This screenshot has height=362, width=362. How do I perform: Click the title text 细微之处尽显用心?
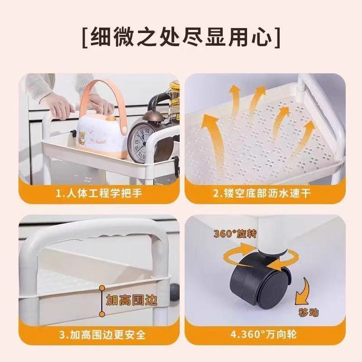(181, 38)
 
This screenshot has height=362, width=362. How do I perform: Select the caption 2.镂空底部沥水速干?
(262, 194)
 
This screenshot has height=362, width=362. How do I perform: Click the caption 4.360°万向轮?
(262, 335)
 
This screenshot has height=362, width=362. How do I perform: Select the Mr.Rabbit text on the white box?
(100, 138)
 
